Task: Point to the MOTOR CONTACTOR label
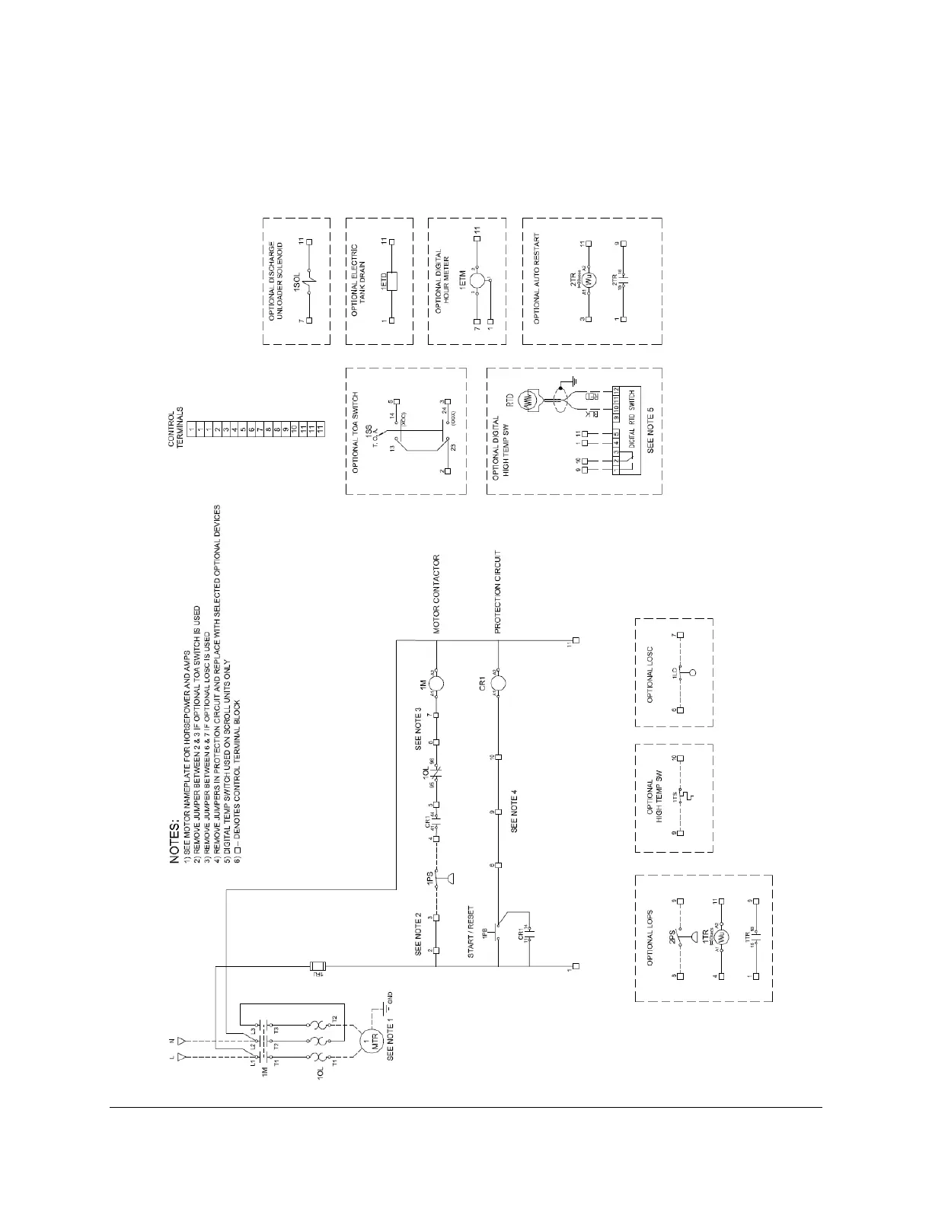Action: [438, 594]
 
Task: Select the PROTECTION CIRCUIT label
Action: [498, 592]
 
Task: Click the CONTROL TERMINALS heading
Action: [176, 426]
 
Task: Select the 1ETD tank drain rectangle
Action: [391, 281]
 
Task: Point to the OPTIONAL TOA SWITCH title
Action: [356, 431]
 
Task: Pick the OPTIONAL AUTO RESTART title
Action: [537, 279]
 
